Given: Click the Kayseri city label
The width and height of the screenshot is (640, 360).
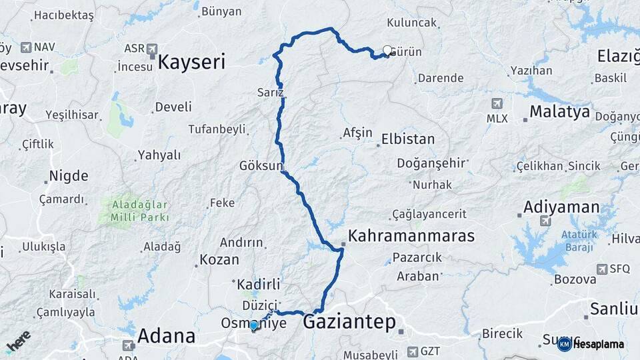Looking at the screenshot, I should click(191, 63).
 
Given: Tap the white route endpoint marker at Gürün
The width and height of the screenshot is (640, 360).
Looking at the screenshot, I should click(387, 50).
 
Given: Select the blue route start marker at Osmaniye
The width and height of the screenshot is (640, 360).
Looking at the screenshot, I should click(253, 325).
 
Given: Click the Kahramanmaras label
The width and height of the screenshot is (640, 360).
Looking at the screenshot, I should click(411, 235).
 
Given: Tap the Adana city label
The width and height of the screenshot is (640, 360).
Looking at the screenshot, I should click(167, 335).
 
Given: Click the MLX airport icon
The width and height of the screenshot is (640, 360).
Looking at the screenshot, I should click(497, 103).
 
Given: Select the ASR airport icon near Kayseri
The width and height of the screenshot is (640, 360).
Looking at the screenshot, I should click(152, 49).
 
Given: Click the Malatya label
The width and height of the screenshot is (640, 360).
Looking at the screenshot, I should click(559, 111).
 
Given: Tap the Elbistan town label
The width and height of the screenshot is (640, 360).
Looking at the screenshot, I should click(407, 139).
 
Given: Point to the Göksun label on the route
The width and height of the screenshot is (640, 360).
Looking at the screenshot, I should click(261, 165).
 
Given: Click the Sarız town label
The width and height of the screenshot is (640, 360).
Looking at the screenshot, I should click(270, 92).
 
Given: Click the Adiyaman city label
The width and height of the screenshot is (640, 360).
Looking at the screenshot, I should click(562, 207).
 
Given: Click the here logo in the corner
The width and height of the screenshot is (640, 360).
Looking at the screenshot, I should click(19, 341).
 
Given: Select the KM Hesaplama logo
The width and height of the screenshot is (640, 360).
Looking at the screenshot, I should click(591, 344).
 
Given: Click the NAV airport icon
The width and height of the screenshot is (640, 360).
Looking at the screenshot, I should click(27, 47).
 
